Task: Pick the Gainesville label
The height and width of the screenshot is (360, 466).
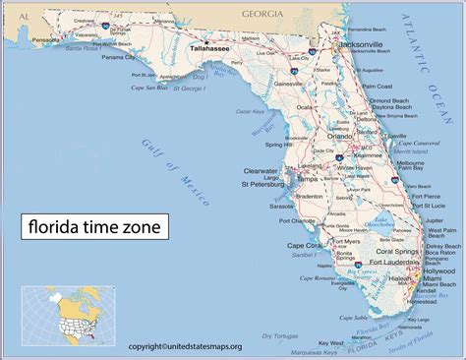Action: (287, 85)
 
